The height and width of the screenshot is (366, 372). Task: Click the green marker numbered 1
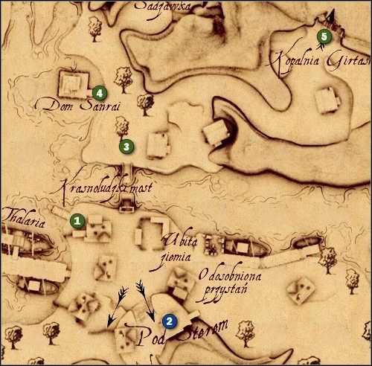[76, 220]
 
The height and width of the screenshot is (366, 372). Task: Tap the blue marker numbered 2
[170, 321]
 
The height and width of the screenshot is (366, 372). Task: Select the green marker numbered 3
[126, 145]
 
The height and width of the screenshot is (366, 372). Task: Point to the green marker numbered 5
[322, 35]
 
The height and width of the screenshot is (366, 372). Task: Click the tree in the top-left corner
[94, 28]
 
